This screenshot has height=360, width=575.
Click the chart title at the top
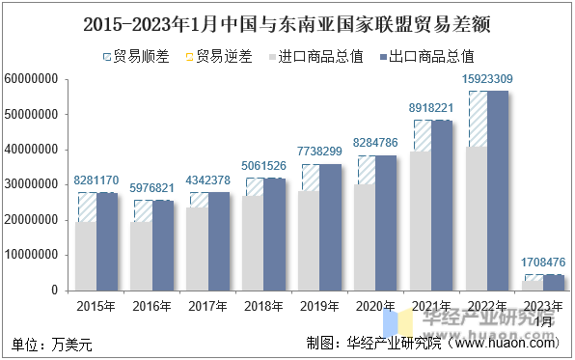tap(287, 20)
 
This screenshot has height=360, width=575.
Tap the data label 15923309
tap(487, 78)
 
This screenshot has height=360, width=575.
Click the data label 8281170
tap(96, 180)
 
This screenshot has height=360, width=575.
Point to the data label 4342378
tap(208, 180)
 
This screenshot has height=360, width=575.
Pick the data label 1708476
tap(543, 262)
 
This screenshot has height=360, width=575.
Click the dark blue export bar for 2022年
tap(498, 193)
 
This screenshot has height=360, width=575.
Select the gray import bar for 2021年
tap(421, 222)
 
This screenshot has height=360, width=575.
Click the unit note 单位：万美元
tap(50, 343)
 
